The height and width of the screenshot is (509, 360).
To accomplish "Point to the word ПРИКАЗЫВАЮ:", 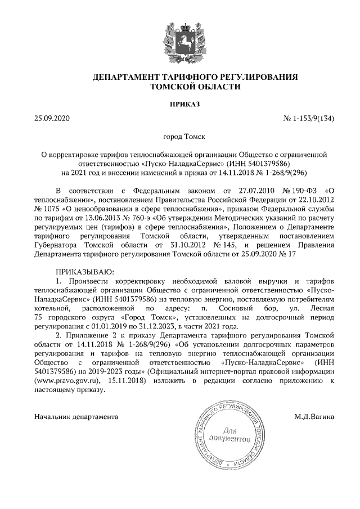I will click(81, 272).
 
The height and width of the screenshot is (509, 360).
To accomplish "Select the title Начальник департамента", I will click(76, 417).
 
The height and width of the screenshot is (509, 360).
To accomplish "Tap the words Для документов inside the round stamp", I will click(228, 434).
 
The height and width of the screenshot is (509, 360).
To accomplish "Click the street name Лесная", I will click(322, 308).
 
